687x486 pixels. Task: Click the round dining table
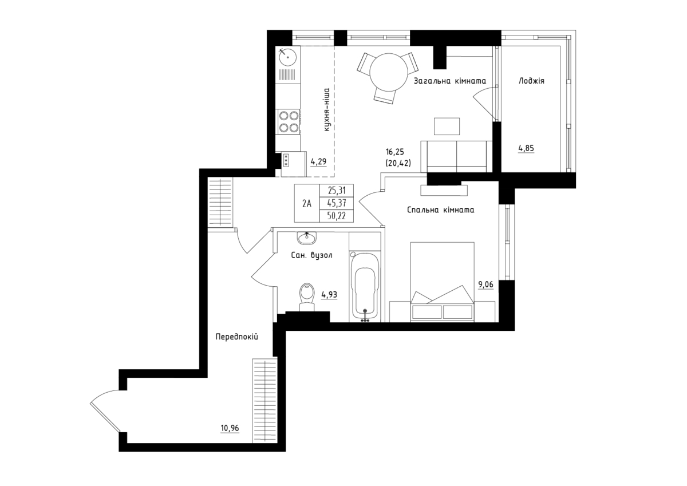click(x=389, y=72)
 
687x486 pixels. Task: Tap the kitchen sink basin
click(x=287, y=57)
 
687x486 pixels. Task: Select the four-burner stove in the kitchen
click(x=289, y=121)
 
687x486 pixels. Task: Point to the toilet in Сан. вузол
click(x=307, y=298)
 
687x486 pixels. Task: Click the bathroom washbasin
click(x=306, y=238)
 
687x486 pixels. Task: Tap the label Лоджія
click(x=531, y=81)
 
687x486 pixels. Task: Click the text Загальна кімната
click(x=450, y=81)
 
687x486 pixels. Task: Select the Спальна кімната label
click(x=441, y=210)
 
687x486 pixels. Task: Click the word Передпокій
click(x=237, y=337)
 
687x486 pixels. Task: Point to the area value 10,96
click(x=230, y=428)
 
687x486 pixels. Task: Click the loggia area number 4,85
click(x=526, y=148)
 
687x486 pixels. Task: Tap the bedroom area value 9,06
click(x=486, y=285)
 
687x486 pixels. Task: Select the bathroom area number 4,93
click(x=329, y=295)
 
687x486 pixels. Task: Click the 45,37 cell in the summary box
click(x=337, y=203)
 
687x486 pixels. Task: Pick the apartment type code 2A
click(x=307, y=203)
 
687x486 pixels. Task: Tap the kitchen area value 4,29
click(x=319, y=161)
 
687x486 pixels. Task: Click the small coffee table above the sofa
click(x=447, y=127)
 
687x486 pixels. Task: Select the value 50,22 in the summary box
click(x=337, y=216)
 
